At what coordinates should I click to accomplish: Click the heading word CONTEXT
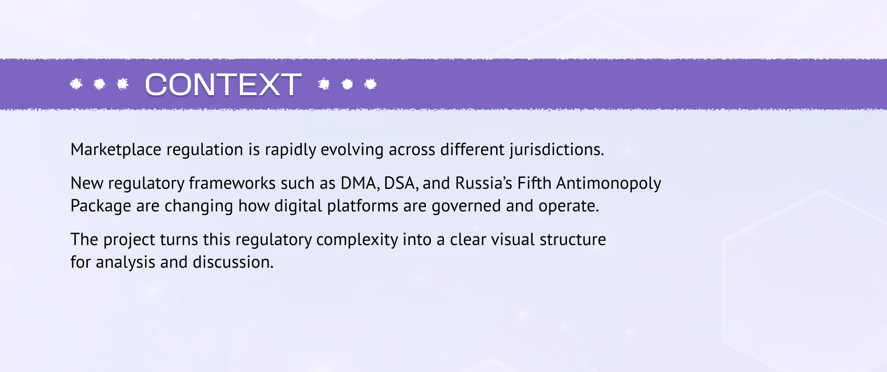pyautogui.click(x=223, y=84)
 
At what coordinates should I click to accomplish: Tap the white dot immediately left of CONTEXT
pyautogui.click(x=122, y=84)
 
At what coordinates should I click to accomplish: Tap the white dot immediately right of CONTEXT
pyautogui.click(x=324, y=84)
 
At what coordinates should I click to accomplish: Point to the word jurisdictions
pyautogui.click(x=557, y=150)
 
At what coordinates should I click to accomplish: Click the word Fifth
pyautogui.click(x=534, y=183)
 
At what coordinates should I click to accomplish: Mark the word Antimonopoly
pyautogui.click(x=608, y=184)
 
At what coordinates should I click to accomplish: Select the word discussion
pyautogui.click(x=233, y=262)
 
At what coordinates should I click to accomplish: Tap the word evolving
pyautogui.click(x=352, y=150)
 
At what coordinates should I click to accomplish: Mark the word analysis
pyautogui.click(x=125, y=263)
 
